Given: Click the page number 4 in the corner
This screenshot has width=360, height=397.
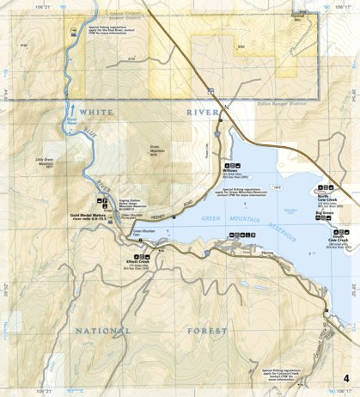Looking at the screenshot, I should click(346, 379).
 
